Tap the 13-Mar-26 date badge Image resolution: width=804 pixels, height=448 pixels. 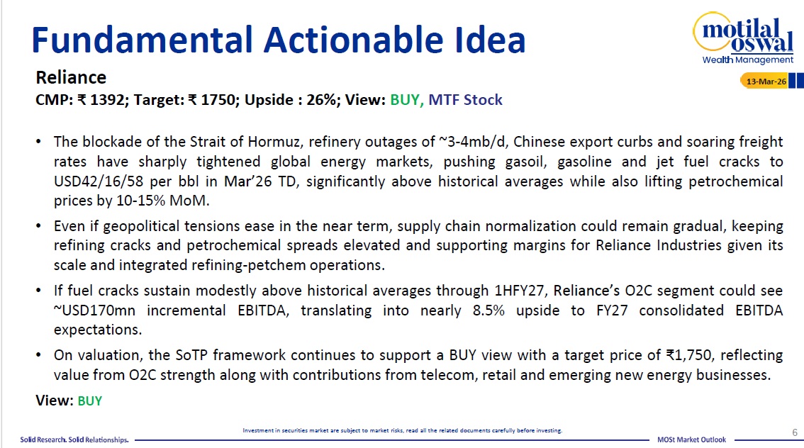pos(765,81)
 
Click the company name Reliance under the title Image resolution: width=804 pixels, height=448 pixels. pos(71,77)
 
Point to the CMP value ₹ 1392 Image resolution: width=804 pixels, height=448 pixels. pos(101,99)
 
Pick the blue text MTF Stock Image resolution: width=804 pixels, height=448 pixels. pos(465,99)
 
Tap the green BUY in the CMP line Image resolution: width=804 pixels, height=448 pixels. pos(405,99)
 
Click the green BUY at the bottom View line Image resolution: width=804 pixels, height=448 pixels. pos(90,401)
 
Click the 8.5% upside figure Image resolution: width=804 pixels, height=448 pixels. pos(488,310)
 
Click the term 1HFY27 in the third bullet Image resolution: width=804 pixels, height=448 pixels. pos(519,291)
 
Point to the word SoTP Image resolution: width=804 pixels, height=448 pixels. pos(191,355)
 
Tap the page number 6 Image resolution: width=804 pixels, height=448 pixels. pos(795,432)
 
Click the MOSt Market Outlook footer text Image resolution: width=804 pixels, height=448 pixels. pos(692,439)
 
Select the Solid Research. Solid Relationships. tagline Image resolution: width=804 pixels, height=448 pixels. pos(74,439)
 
